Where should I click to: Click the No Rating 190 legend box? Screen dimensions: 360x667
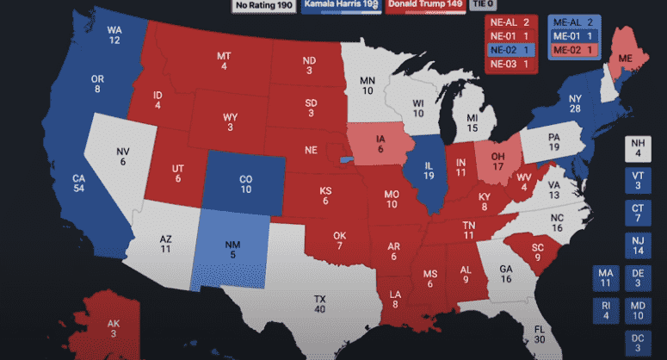coord(263,5)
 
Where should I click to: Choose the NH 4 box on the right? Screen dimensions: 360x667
coord(638,148)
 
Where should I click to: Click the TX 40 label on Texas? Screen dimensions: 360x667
coord(319,304)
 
